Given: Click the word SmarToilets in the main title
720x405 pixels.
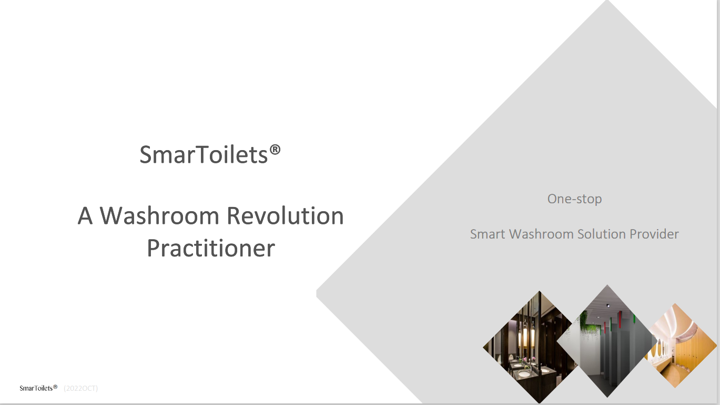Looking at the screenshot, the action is (x=204, y=154).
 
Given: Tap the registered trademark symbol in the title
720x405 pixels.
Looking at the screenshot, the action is (x=275, y=150).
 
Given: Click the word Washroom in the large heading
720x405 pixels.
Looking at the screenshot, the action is (x=159, y=215).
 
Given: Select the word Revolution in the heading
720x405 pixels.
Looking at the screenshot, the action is (x=286, y=215).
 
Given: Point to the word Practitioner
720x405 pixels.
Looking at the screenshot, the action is (x=211, y=248).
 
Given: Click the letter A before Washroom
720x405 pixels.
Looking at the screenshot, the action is (x=85, y=215).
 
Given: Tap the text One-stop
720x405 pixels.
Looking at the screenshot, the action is (x=574, y=199).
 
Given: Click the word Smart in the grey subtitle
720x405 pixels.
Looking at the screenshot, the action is (x=488, y=234).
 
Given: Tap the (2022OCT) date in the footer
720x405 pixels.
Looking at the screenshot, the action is (x=80, y=388).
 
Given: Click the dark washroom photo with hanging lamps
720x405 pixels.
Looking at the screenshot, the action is (x=530, y=347).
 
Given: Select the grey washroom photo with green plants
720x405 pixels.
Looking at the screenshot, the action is (x=607, y=341).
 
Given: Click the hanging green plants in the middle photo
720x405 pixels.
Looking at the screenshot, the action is (x=589, y=325).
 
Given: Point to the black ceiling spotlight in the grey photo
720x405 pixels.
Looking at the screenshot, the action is (x=608, y=305).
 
